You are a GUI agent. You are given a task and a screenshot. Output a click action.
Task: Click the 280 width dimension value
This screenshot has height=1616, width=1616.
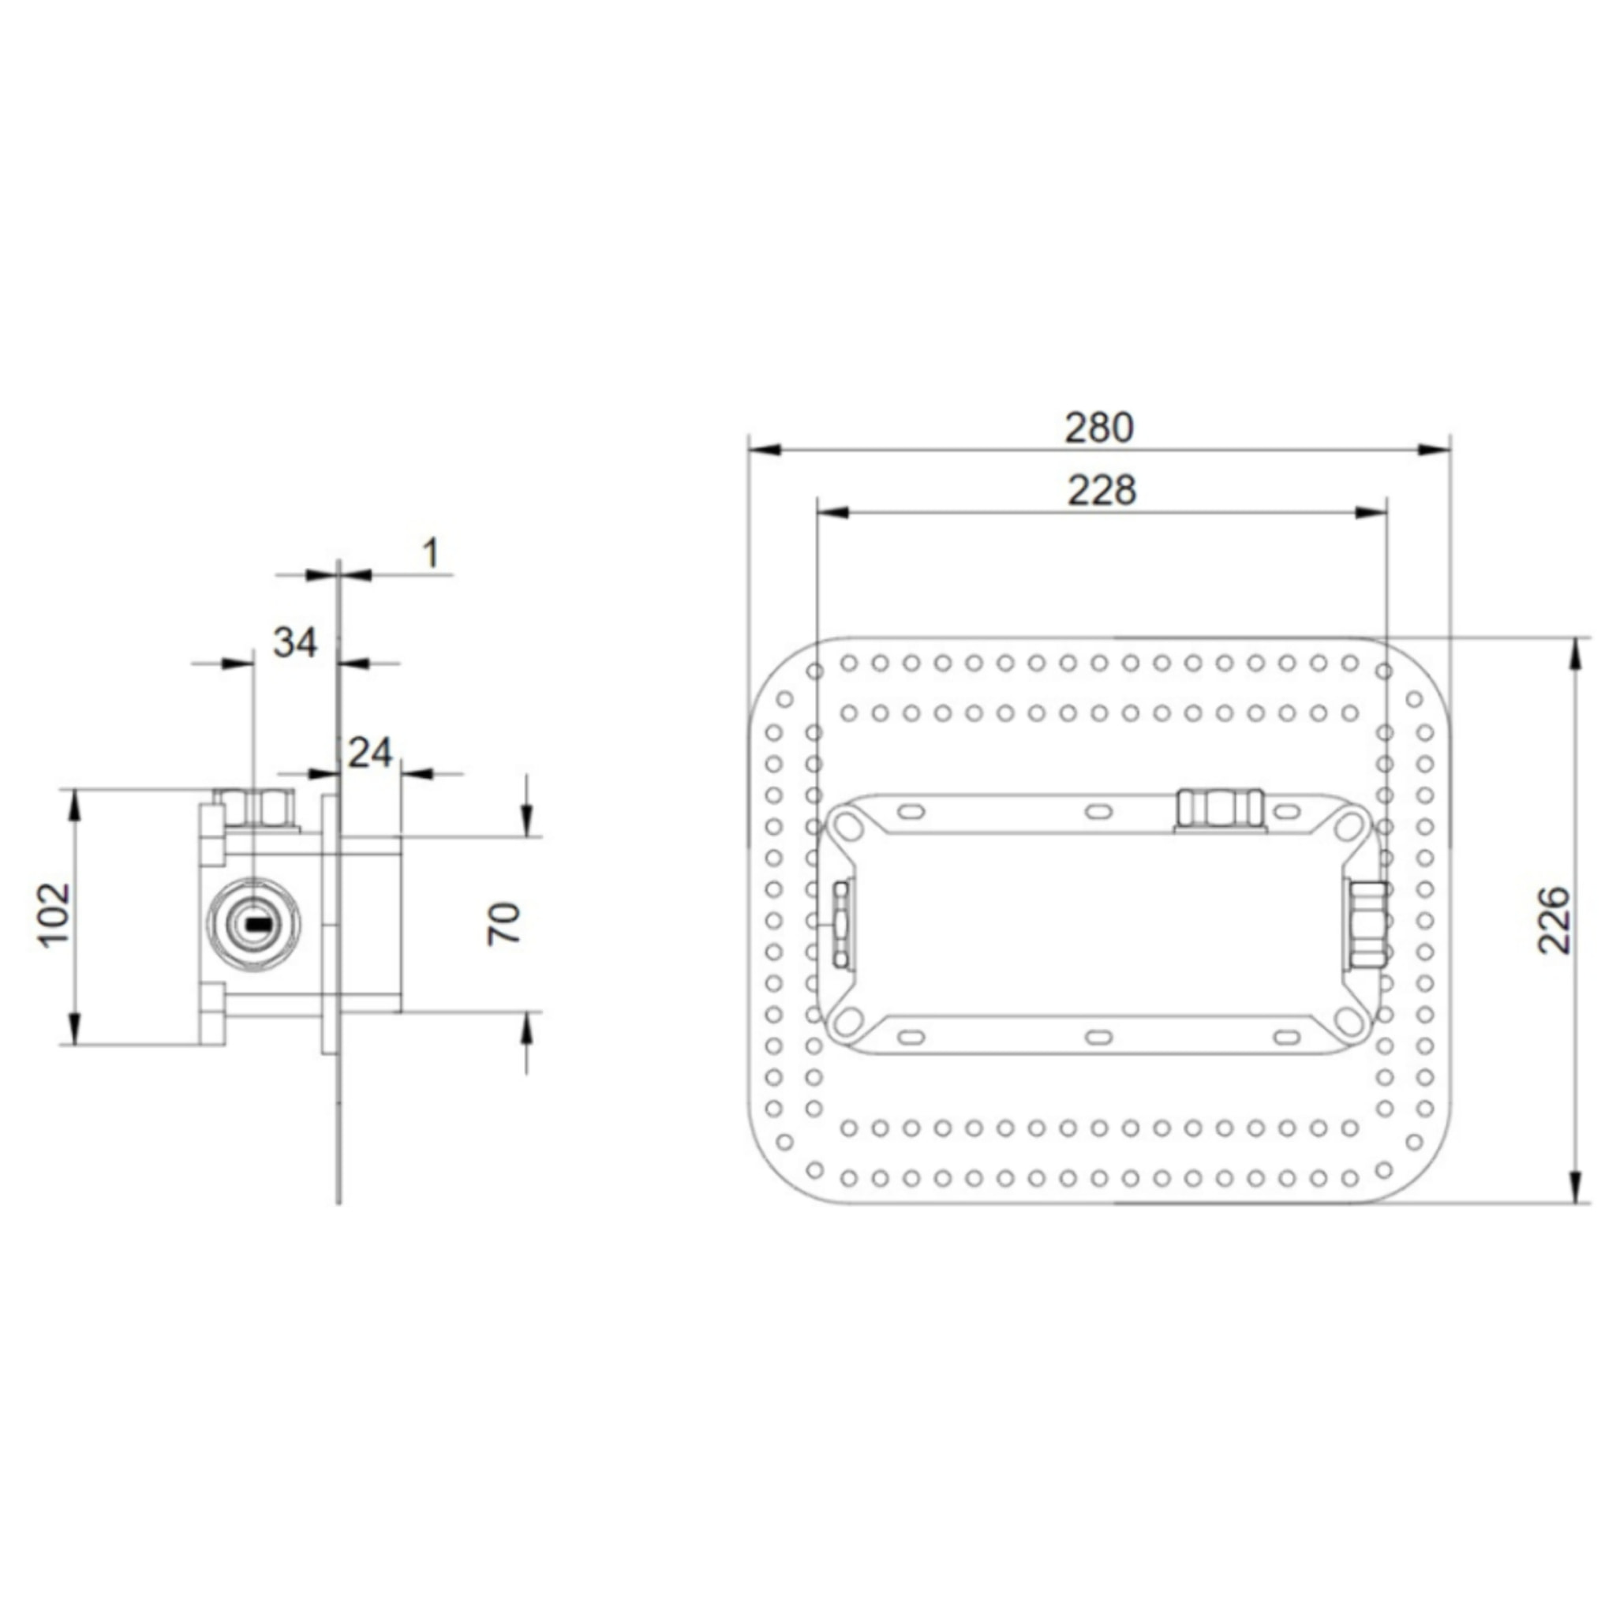[x=1099, y=428]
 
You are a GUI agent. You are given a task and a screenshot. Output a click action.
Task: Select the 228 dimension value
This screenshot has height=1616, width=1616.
[x=1102, y=491]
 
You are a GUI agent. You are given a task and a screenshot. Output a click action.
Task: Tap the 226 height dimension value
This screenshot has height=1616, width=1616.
[x=1555, y=920]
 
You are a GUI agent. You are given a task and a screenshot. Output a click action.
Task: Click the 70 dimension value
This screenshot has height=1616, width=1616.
[x=504, y=923]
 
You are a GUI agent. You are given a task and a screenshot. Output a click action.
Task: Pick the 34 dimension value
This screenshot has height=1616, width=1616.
[x=295, y=643]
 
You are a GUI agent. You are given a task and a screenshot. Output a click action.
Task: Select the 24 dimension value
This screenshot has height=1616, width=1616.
[x=370, y=754]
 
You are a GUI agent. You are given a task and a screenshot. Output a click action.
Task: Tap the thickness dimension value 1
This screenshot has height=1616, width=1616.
[x=431, y=554]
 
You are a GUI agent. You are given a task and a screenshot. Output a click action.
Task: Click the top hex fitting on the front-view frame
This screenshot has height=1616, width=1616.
[x=1220, y=809]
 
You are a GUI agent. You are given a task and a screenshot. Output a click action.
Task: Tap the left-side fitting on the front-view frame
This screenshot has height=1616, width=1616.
[x=841, y=923]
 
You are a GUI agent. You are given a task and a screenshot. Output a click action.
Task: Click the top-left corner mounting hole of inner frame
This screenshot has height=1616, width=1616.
[x=848, y=826]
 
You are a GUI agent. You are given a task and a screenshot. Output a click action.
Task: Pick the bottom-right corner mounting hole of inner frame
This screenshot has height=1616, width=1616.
[x=1348, y=1020]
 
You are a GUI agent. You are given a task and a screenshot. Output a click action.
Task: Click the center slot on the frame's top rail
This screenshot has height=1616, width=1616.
[x=1098, y=810]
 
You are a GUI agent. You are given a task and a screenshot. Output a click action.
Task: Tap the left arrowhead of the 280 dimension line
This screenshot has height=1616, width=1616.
[x=764, y=450]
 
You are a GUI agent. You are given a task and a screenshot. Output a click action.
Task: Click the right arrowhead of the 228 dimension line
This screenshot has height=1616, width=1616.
[x=1371, y=513]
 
